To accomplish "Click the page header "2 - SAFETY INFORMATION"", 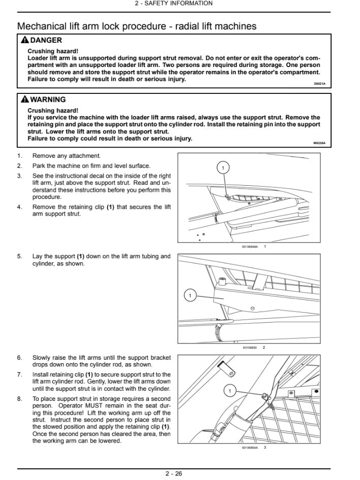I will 174,4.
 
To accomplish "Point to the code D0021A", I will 319,84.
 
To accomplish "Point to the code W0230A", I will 319,144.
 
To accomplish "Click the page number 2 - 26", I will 174,474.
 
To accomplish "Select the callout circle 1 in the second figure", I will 190,295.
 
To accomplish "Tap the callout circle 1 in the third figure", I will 230,391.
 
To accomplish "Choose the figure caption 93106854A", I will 250,448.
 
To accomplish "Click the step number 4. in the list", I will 20,207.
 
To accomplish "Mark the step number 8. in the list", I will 20,399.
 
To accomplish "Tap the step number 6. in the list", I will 20,358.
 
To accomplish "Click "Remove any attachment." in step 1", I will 67,156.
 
